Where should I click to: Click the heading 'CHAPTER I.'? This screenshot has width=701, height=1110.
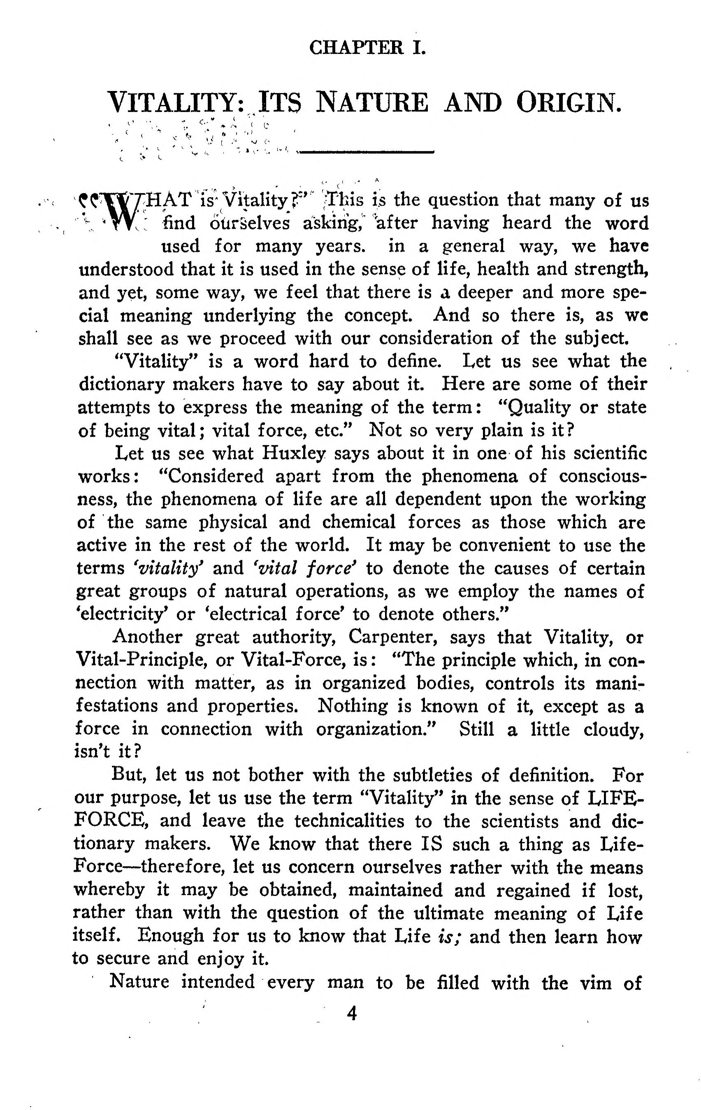367,48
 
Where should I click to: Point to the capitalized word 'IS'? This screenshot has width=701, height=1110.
432,844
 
